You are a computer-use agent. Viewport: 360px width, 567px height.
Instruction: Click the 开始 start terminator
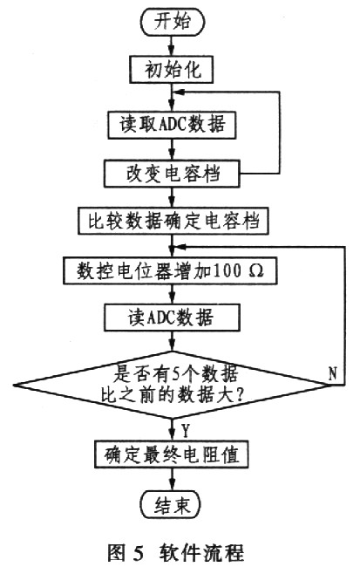(x=172, y=22)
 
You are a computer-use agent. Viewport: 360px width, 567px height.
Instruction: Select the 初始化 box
(x=172, y=70)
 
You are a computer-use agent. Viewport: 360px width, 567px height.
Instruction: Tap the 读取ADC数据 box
(x=172, y=125)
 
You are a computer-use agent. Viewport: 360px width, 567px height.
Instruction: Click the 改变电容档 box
(x=172, y=174)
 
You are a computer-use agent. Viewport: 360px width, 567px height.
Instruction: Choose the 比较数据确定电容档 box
(x=173, y=221)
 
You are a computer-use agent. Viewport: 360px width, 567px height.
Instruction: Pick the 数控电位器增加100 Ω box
(x=170, y=270)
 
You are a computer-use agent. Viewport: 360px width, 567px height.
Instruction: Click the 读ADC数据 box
(x=172, y=318)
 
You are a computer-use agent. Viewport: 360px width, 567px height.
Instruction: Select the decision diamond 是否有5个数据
(x=172, y=385)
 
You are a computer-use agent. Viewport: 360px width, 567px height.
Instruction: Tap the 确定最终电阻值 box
(x=172, y=454)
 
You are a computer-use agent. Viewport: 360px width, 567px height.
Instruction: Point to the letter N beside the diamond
(x=332, y=372)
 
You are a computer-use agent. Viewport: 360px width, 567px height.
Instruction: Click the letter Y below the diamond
(x=186, y=430)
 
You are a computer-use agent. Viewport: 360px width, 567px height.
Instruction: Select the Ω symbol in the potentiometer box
(x=256, y=270)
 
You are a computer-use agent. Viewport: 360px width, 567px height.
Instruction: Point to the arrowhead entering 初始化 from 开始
(x=172, y=51)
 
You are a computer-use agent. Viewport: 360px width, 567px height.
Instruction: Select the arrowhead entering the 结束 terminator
(x=172, y=487)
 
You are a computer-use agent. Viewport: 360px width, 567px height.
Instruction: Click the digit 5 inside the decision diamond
(x=176, y=374)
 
